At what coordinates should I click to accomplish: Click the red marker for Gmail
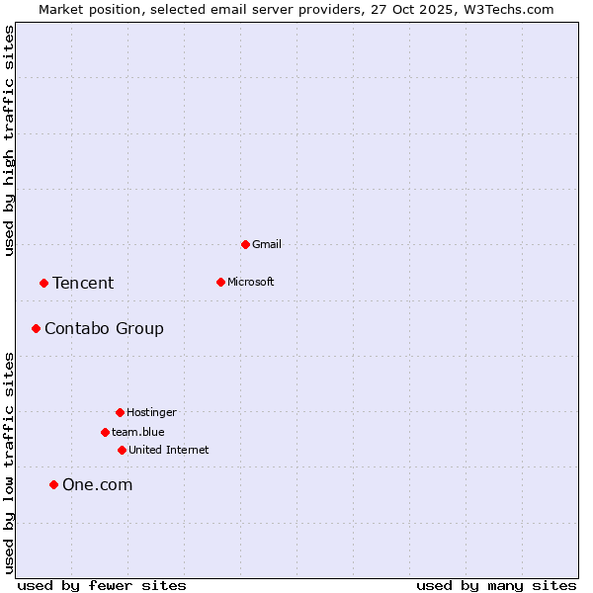coord(245,244)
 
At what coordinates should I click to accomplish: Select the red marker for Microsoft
coord(220,282)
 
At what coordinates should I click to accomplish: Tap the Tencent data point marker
coord(43,283)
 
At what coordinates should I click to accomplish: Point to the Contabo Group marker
coord(36,328)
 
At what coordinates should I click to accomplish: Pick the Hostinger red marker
coord(120,412)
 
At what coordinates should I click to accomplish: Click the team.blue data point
coord(105,432)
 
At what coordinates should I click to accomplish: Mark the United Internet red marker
coord(122,450)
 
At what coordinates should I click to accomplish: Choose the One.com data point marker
coord(53,484)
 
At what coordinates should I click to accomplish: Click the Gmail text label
coord(267,244)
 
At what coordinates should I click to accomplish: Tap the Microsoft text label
coord(251,282)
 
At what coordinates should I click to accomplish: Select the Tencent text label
coord(83,284)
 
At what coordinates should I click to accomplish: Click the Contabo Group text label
coord(104,329)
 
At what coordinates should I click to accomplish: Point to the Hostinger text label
coord(151,412)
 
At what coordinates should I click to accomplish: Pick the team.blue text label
coord(138,432)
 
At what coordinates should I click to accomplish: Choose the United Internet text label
coord(169,450)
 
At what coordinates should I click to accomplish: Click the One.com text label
coord(97,485)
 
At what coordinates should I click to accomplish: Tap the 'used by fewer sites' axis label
coord(102,585)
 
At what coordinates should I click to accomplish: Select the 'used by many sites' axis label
coord(496,585)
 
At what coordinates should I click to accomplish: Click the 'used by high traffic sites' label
coord(9,140)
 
